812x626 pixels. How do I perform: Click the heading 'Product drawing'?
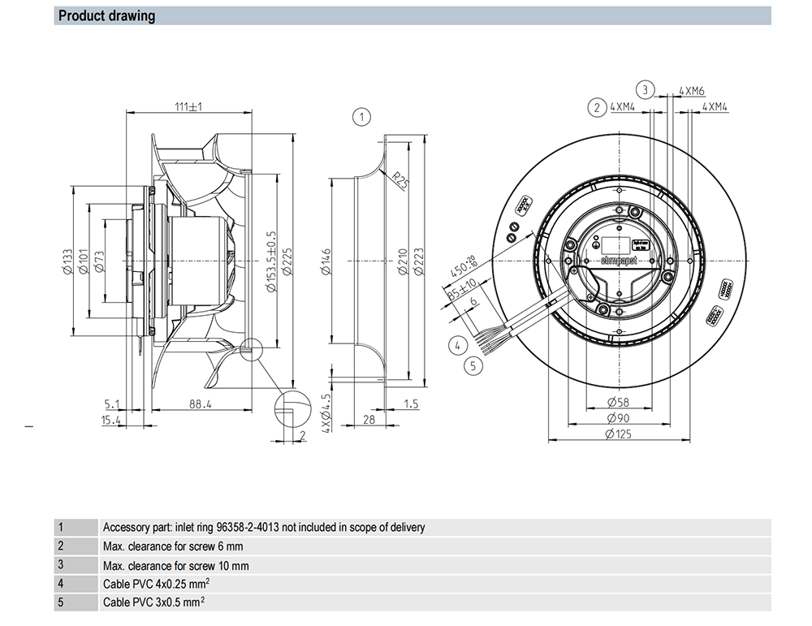click(x=106, y=16)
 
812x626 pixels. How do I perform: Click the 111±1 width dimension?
click(x=188, y=106)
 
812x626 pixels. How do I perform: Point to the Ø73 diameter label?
click(x=98, y=261)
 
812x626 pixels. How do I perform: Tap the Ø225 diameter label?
click(x=287, y=261)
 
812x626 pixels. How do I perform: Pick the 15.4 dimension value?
click(x=111, y=420)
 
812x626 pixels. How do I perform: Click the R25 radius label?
click(x=399, y=178)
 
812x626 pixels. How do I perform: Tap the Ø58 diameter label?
click(x=619, y=404)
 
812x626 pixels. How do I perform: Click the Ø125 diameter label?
click(x=619, y=435)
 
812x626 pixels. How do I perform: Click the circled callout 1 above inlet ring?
click(x=361, y=117)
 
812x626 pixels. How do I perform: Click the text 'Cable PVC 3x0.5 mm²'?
click(x=153, y=602)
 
